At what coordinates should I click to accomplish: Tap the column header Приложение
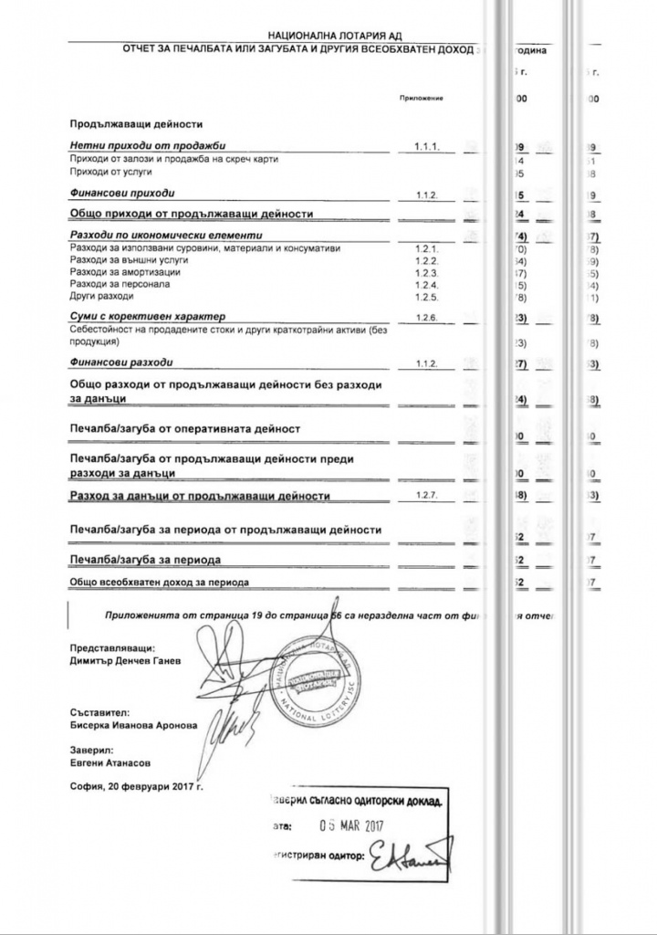pyautogui.click(x=421, y=98)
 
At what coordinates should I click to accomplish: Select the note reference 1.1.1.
pyautogui.click(x=428, y=146)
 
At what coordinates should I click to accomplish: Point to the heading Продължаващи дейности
pyautogui.click(x=135, y=123)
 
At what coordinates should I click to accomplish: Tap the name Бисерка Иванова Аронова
pyautogui.click(x=132, y=726)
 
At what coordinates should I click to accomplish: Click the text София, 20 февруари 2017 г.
pyautogui.click(x=136, y=785)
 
